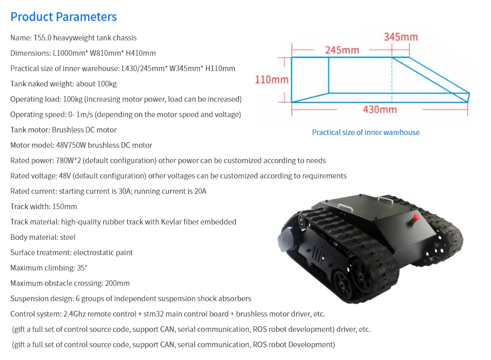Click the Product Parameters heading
[63, 17]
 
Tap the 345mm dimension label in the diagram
[400, 37]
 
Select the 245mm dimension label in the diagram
[342, 50]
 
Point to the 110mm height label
[272, 80]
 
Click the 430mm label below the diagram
[380, 109]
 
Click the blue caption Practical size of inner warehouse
[366, 132]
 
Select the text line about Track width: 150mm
[43, 207]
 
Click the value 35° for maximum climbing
[82, 268]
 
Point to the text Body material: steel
[43, 237]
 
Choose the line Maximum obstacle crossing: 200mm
[70, 283]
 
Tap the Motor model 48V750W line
[81, 145]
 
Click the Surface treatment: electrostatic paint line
[72, 253]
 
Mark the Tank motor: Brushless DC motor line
[63, 130]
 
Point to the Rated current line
[108, 191]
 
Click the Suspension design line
[131, 299]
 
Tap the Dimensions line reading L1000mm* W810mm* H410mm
[83, 53]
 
